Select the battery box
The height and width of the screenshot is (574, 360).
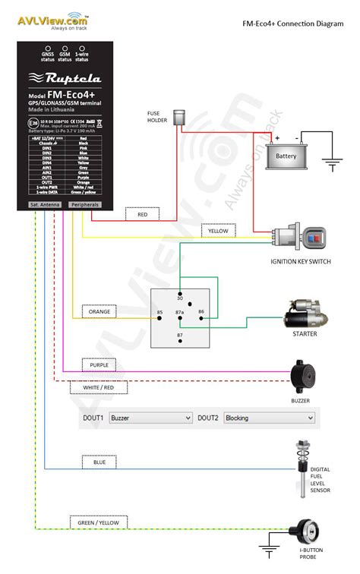(286, 155)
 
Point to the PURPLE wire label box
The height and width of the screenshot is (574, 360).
(98, 364)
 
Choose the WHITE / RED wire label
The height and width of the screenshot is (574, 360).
(98, 387)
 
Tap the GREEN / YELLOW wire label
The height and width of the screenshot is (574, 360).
(98, 522)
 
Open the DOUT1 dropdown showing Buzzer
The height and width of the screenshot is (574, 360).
(150, 418)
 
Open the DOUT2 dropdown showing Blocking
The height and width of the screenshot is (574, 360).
(269, 418)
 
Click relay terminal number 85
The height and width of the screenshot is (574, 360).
(159, 313)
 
